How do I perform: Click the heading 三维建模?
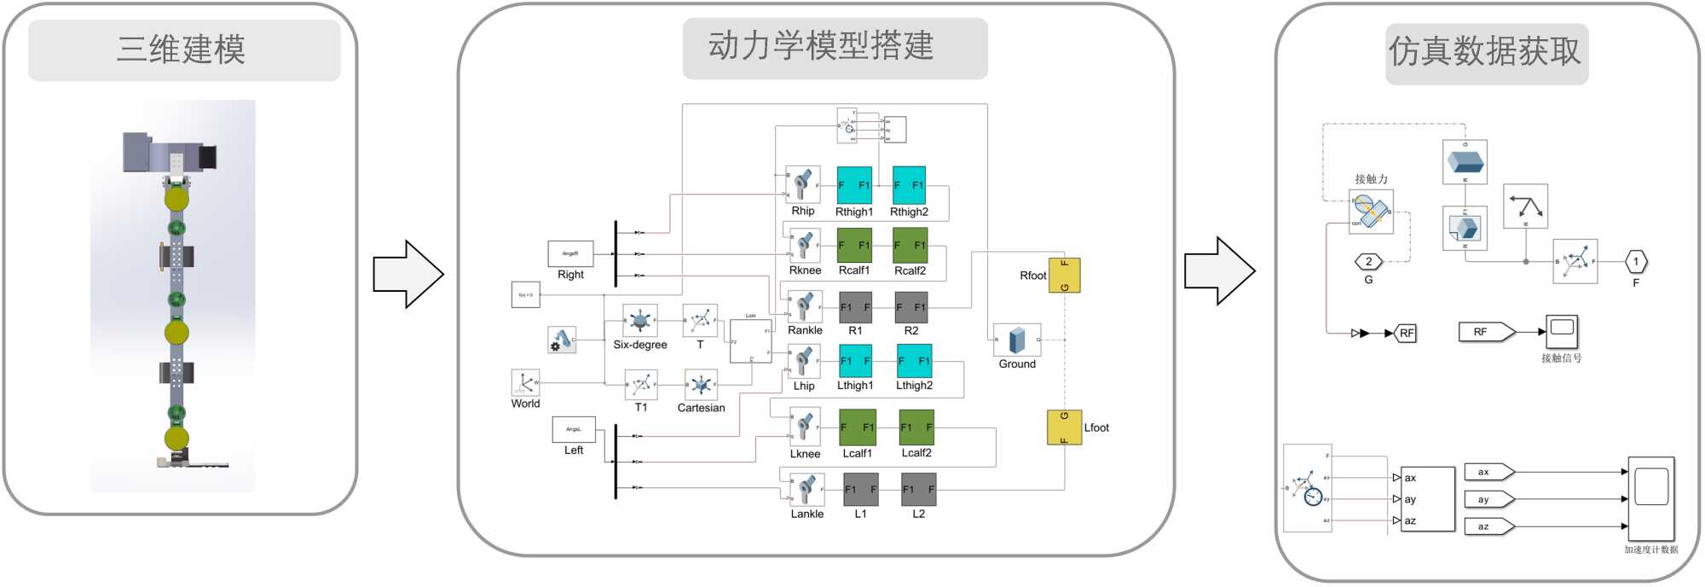click(x=182, y=50)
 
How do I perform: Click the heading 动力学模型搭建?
click(x=821, y=46)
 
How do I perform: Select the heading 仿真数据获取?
click(x=1485, y=52)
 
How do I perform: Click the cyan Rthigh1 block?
click(x=854, y=185)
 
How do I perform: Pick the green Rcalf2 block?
click(x=910, y=246)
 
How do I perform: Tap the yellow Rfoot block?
click(x=1064, y=275)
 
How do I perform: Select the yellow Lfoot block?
click(x=1064, y=427)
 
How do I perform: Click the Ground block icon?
click(x=1017, y=340)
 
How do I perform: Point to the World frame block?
click(x=525, y=382)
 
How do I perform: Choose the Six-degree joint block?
click(x=640, y=321)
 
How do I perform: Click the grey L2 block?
click(x=919, y=490)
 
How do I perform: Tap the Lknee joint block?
click(x=805, y=428)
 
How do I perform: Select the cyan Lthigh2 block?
click(x=914, y=361)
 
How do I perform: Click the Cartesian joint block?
click(x=701, y=385)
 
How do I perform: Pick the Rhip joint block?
click(x=802, y=185)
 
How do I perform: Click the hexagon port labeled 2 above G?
click(x=1368, y=262)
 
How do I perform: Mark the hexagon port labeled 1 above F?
click(x=1636, y=262)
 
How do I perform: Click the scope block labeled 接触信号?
click(x=1562, y=332)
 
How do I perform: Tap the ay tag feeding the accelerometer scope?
click(x=1488, y=499)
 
